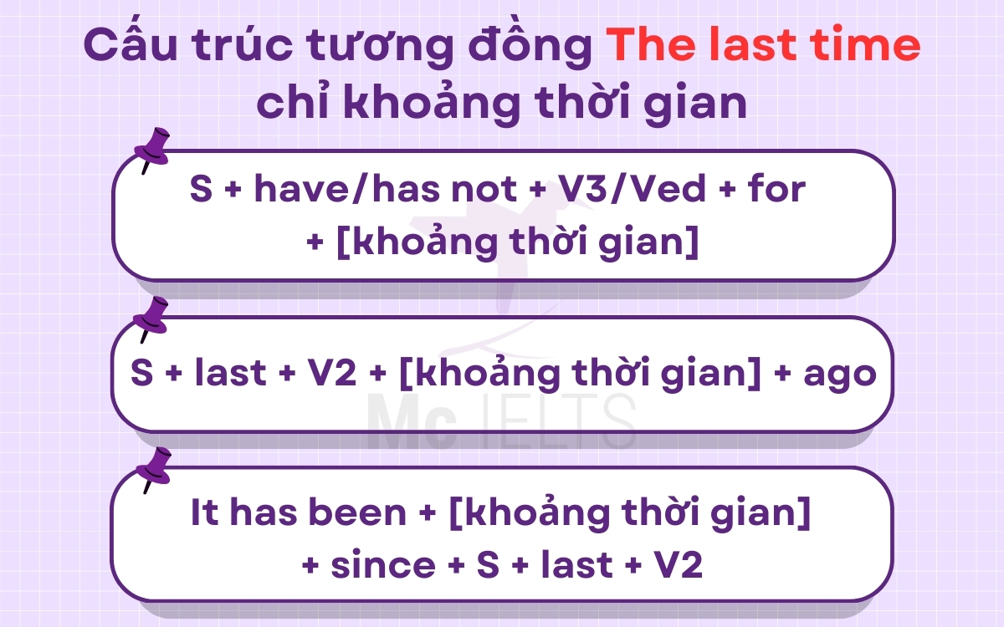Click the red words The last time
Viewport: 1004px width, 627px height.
[x=763, y=46]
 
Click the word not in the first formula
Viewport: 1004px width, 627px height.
[x=473, y=191]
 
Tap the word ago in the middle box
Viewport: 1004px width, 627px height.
[x=839, y=373]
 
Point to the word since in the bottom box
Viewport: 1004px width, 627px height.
[x=382, y=566]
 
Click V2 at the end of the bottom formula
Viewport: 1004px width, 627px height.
[x=677, y=566]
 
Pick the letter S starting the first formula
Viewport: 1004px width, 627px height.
[x=201, y=190]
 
